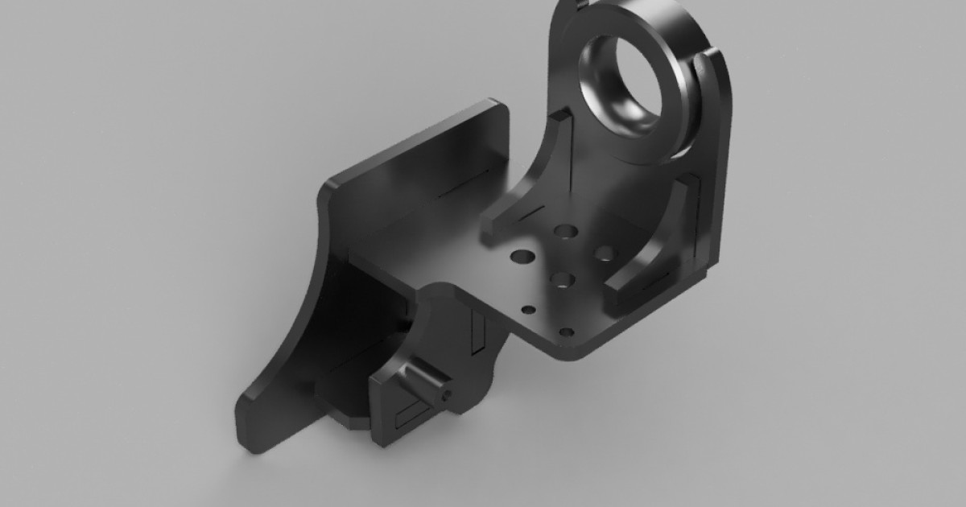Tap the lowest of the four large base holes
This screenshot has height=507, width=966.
click(x=561, y=280)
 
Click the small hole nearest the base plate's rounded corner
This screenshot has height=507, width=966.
click(x=567, y=332)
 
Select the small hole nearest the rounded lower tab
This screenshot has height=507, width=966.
click(x=528, y=309)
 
